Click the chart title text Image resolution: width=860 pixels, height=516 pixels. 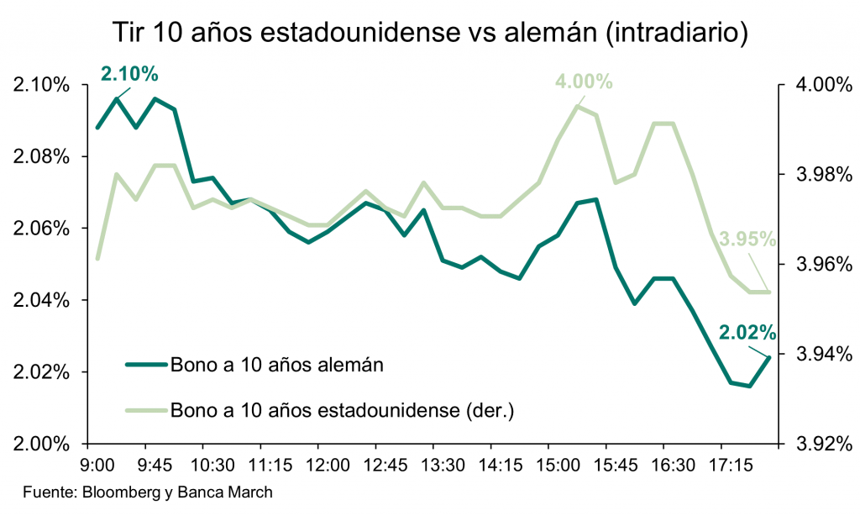coord(430,33)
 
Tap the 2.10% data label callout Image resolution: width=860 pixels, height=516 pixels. coord(129,74)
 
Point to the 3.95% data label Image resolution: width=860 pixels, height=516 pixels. coord(747,240)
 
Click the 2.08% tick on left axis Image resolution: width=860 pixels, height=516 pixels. coord(39,157)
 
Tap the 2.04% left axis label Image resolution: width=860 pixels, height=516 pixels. coord(39,300)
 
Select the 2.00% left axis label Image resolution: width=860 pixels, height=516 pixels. coord(39,443)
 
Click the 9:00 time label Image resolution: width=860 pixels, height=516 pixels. coord(99,465)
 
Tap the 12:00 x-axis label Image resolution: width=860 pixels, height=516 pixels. coord(327,465)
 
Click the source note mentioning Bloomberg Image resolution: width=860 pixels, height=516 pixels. coord(148,492)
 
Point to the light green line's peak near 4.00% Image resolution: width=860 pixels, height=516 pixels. coord(578,106)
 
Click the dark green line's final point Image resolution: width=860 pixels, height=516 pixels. coord(769,357)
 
